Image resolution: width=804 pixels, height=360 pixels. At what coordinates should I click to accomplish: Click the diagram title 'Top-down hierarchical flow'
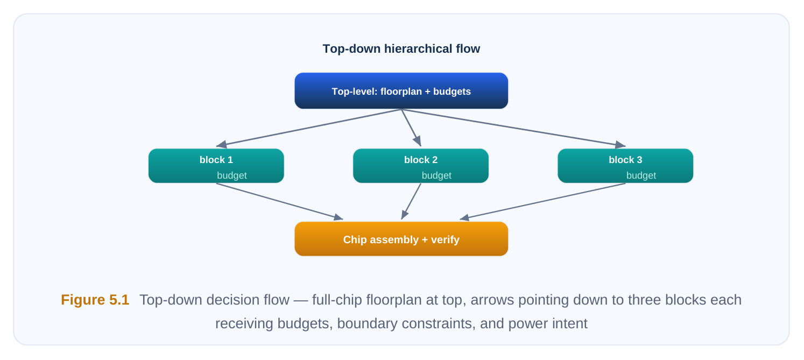point(401,49)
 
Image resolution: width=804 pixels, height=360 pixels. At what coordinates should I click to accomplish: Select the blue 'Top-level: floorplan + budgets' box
point(401,91)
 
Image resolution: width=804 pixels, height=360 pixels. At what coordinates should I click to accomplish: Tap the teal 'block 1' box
point(216,166)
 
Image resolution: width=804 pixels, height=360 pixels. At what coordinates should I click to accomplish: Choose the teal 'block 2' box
point(421,166)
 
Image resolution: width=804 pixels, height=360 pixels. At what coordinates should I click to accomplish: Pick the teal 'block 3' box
point(625,166)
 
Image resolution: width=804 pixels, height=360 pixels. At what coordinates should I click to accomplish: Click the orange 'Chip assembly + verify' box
point(401,239)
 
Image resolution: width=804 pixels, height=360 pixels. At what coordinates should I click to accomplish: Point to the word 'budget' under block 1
point(232,175)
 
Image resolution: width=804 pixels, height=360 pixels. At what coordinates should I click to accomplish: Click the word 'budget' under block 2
point(436,175)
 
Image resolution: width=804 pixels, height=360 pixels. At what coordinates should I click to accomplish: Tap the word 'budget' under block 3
point(641,175)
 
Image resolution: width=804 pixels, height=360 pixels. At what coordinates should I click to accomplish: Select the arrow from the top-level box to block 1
point(309,128)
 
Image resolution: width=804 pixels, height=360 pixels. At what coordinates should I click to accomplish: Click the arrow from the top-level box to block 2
point(411,128)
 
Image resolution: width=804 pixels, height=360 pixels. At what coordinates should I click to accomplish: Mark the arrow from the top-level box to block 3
point(513,128)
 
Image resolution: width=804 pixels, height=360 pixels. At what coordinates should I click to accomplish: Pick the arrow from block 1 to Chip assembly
point(280,201)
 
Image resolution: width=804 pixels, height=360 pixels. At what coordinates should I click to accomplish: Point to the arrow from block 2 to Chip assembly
point(411,201)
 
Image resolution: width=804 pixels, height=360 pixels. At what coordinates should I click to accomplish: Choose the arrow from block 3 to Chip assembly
point(542,201)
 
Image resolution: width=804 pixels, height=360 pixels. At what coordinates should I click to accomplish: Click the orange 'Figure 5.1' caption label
point(95,300)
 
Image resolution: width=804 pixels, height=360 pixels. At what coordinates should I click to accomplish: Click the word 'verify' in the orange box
point(445,240)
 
